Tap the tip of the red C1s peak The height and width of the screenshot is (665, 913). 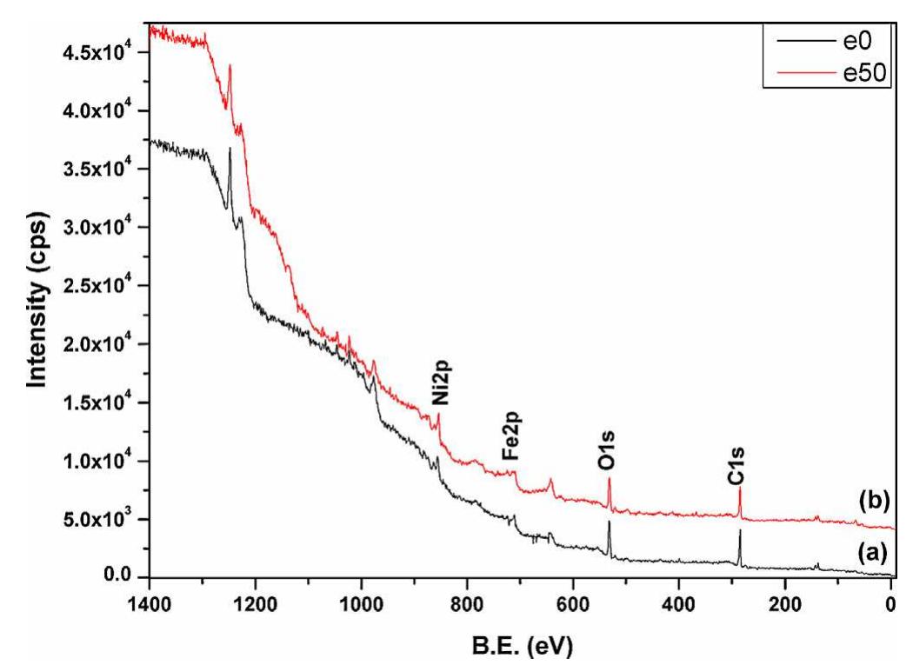click(740, 488)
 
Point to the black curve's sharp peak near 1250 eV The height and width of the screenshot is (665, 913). click(230, 149)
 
